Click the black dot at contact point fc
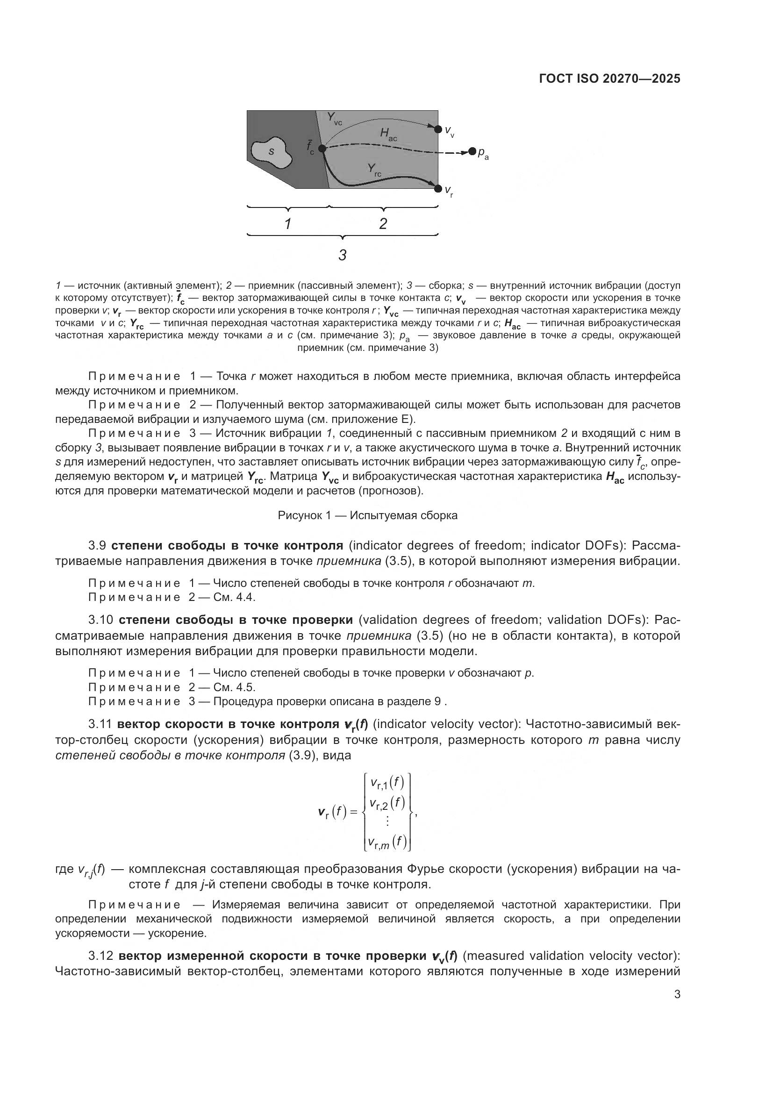click(322, 149)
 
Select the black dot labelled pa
click(472, 151)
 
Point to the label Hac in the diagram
click(388, 135)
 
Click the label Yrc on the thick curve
click(374, 169)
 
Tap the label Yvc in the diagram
click(334, 119)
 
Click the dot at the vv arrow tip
click(438, 129)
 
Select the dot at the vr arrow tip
click(438, 188)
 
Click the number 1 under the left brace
click(288, 224)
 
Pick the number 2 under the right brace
click(383, 224)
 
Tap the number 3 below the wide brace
click(342, 255)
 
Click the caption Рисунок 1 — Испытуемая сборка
click(367, 515)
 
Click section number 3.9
click(100, 545)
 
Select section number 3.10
click(102, 620)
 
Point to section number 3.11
click(100, 724)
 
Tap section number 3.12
click(101, 956)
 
